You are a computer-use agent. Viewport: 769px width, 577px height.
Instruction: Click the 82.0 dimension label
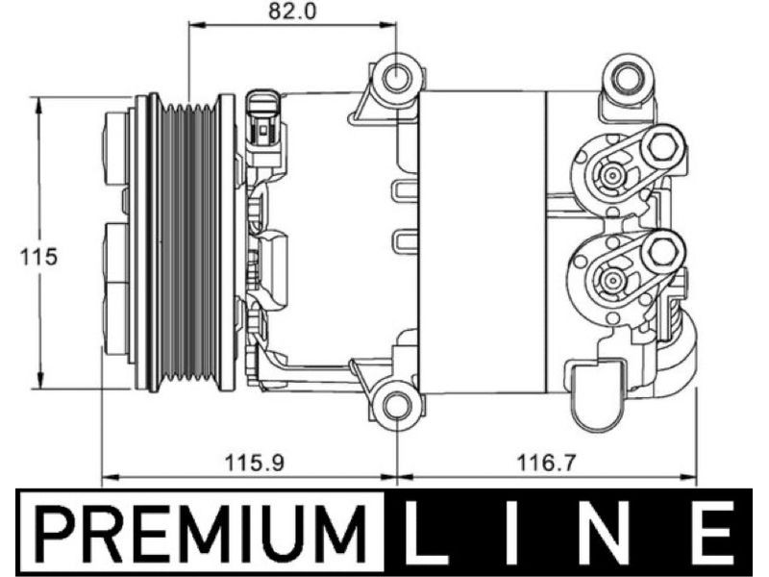pyautogui.click(x=292, y=11)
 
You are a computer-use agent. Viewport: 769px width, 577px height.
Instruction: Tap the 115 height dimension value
pyautogui.click(x=38, y=257)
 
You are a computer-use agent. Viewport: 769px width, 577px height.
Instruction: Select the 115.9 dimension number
pyautogui.click(x=254, y=463)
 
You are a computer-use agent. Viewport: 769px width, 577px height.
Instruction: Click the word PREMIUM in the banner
pyautogui.click(x=200, y=534)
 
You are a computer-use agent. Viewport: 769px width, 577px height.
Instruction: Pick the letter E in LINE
pyautogui.click(x=711, y=533)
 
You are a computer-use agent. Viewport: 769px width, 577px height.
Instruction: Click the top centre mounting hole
pyautogui.click(x=396, y=77)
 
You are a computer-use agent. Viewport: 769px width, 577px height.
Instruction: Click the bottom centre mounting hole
pyautogui.click(x=396, y=405)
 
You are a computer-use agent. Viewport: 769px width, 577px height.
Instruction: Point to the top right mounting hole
pyautogui.click(x=628, y=78)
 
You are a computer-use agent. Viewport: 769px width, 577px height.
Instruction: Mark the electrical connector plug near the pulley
pyautogui.click(x=264, y=123)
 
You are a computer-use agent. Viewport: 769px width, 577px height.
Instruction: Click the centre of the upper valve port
pyautogui.click(x=611, y=174)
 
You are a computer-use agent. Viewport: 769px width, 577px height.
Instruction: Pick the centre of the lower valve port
pyautogui.click(x=611, y=280)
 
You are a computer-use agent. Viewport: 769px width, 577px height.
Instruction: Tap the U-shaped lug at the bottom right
pyautogui.click(x=598, y=395)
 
